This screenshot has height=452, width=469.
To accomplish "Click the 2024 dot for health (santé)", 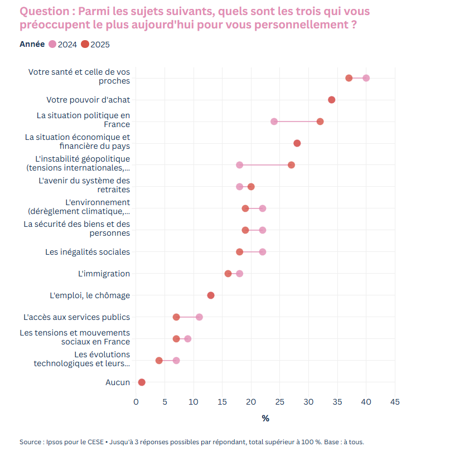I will coord(366,78).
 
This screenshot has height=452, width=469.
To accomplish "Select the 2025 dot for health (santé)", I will coord(349,78).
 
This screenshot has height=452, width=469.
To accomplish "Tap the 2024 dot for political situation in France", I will coord(274,121).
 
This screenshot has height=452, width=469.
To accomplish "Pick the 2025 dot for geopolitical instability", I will coord(291,165).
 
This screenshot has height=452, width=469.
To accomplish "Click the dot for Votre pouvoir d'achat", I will coord(332,100).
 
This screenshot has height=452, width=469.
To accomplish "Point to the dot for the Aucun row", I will coord(142,382).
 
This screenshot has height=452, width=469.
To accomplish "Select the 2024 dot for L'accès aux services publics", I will coord(199,317).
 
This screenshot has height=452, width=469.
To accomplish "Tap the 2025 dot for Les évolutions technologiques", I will coord(159,361).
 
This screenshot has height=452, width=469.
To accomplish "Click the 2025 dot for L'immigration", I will coord(228,274).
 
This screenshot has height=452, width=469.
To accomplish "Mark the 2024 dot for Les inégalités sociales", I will coord(263,252).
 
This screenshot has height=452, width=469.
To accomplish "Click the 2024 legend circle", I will coord(52,45).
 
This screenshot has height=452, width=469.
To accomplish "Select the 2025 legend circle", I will coord(85,45).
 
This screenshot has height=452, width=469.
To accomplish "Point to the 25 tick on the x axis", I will coord(279,401).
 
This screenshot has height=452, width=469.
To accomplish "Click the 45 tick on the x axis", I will coord(395,401).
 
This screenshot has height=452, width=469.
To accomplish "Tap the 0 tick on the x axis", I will coord(136,401).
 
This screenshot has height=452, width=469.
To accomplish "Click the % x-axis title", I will coord(265,418).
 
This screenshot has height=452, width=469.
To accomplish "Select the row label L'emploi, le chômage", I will coord(90,295).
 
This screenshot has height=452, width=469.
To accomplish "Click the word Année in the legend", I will coord(32,45).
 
